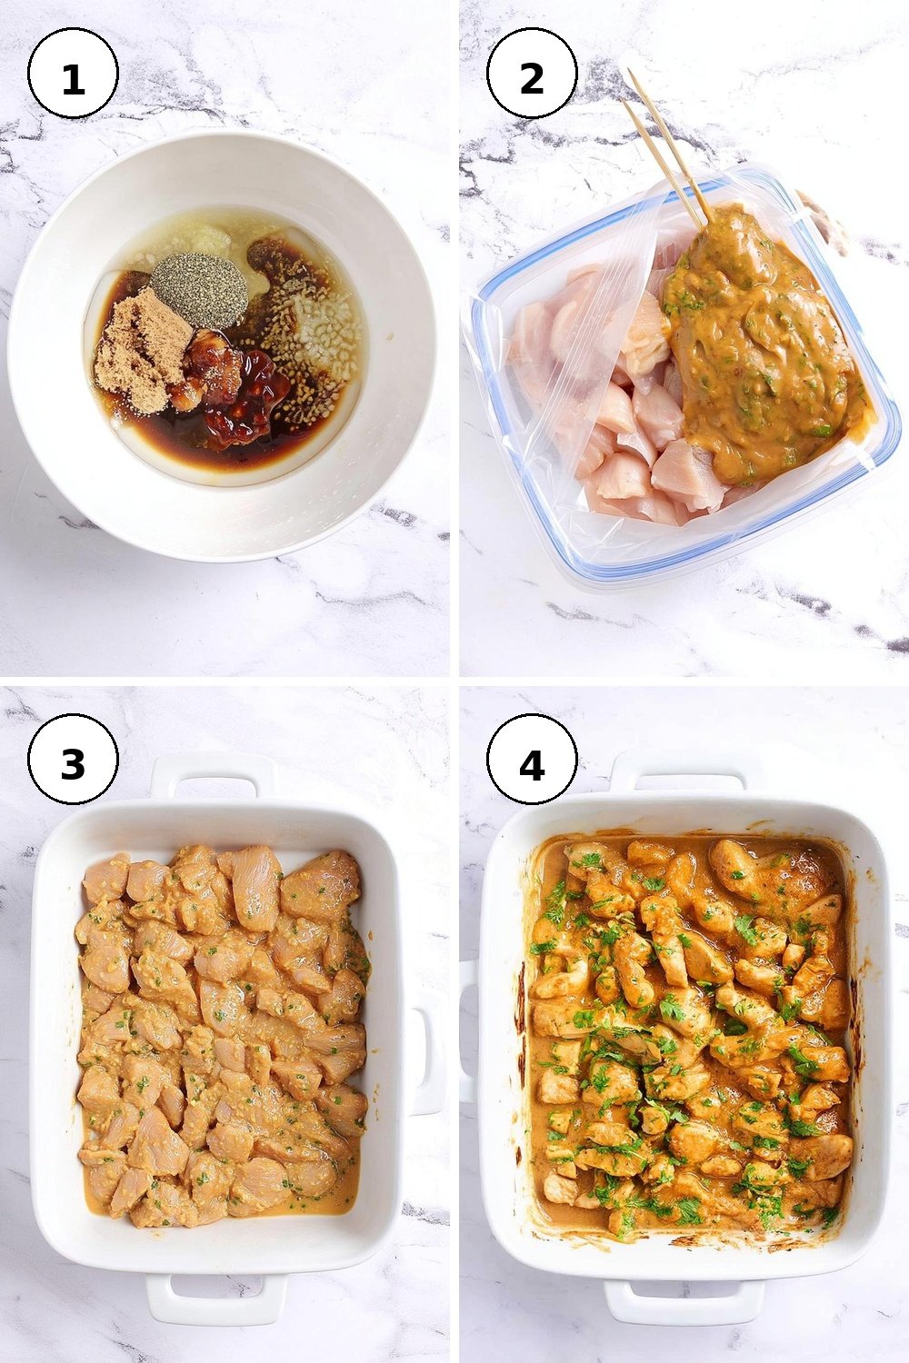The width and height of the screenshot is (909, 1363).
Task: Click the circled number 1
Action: [73, 74]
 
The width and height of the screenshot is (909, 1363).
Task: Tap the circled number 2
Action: [532, 74]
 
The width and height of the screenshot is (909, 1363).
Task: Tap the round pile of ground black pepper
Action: [199, 290]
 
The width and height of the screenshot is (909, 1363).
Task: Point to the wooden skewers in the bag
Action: [666, 148]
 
